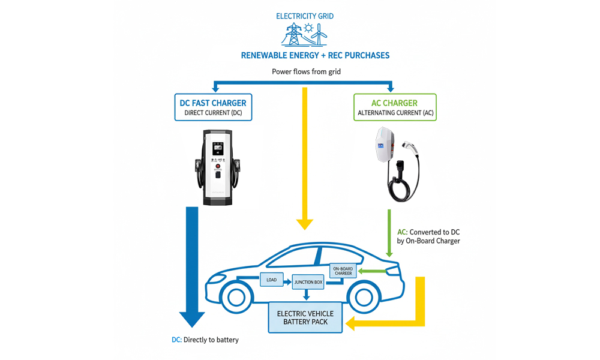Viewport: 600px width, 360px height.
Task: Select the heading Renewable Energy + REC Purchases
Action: coord(315,55)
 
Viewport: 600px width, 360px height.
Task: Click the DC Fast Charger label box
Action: coord(213,107)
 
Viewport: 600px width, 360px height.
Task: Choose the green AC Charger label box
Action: coord(395,107)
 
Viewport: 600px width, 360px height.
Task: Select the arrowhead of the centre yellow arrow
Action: coord(305,223)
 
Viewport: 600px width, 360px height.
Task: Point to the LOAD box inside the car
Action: coord(271,280)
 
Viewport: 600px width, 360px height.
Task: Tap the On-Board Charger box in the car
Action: coord(343,271)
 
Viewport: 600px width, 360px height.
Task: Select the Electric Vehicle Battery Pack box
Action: coord(305,317)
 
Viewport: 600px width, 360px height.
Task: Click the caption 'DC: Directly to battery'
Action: coord(205,340)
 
